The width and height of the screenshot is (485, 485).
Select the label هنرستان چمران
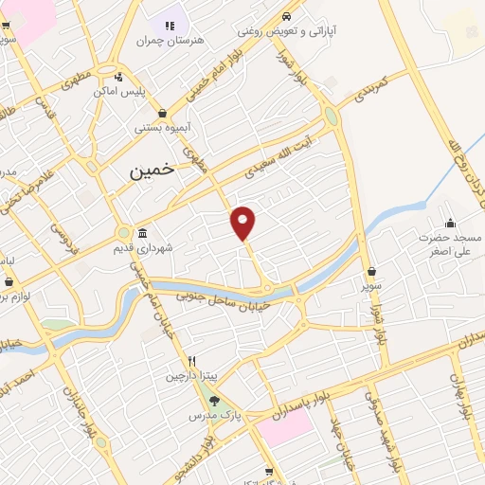tap(170, 40)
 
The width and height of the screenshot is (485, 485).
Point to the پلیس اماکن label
tap(117, 92)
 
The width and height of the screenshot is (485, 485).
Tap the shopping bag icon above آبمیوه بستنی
tap(162, 113)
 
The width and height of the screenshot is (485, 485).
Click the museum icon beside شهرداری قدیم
tap(142, 233)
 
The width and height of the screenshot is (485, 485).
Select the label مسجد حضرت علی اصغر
tap(452, 245)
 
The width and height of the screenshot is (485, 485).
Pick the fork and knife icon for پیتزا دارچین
tap(191, 361)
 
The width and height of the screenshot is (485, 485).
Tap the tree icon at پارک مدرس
tap(214, 400)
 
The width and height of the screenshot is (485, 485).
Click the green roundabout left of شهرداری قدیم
tap(123, 232)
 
